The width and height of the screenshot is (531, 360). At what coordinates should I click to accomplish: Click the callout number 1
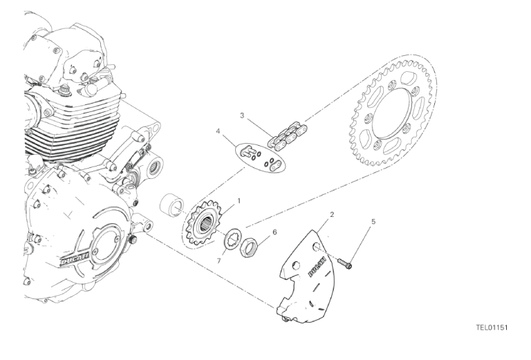(239, 201)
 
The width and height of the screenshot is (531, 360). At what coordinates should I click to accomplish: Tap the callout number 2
(332, 215)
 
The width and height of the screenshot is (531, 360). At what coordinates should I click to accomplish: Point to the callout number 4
(218, 131)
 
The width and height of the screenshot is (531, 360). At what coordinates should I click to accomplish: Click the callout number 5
(373, 222)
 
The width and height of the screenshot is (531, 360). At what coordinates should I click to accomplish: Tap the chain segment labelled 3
(282, 135)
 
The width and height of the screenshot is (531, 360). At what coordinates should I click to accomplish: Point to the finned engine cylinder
(69, 124)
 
